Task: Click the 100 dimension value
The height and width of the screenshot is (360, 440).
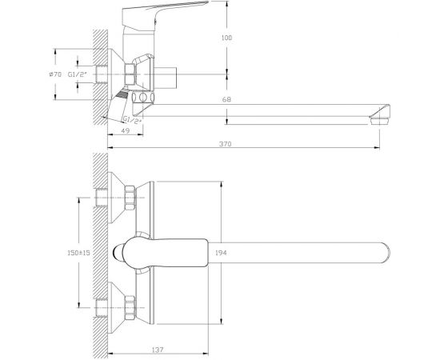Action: point(226,38)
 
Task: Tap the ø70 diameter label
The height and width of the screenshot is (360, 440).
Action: point(55,74)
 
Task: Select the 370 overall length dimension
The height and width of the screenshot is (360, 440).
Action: point(225,144)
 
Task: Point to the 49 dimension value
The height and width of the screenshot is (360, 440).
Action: point(126,130)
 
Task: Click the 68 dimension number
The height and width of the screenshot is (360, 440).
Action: point(226,99)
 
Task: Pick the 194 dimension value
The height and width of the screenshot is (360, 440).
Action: point(221,253)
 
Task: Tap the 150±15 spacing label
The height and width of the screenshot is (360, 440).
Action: point(79,253)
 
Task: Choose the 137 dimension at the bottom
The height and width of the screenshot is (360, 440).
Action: point(158,350)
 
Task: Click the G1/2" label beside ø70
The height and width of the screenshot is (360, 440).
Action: point(78,74)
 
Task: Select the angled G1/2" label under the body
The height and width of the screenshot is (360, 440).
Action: point(132,120)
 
